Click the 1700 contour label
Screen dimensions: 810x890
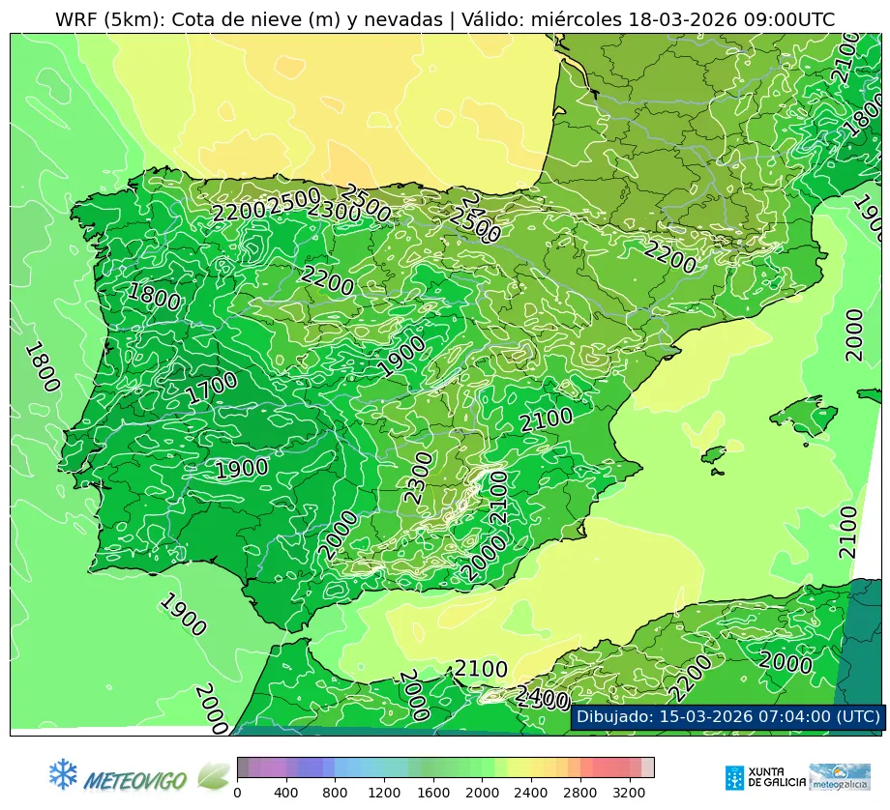click(x=212, y=389)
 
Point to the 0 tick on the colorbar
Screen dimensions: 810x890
click(x=237, y=793)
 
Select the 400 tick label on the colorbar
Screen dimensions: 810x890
click(x=286, y=793)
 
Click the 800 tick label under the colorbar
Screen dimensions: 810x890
click(x=336, y=793)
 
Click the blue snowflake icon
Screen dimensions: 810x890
click(x=63, y=773)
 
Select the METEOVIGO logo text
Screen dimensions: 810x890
click(x=134, y=778)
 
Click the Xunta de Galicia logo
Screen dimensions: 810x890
click(x=765, y=777)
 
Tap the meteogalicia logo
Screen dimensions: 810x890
click(x=840, y=777)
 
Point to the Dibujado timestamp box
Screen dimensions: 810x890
click(x=727, y=716)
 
